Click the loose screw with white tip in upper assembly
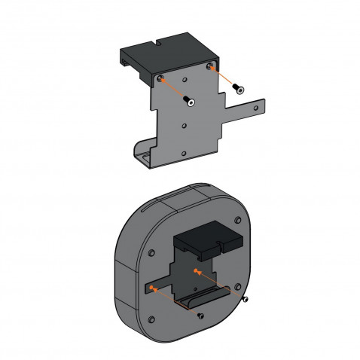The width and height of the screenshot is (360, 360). [191, 102]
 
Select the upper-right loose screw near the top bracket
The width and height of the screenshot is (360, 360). [239, 87]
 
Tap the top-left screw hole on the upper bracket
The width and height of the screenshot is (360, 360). [161, 78]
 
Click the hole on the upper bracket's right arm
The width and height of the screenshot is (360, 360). [257, 108]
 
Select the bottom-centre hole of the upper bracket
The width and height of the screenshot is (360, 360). [183, 151]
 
